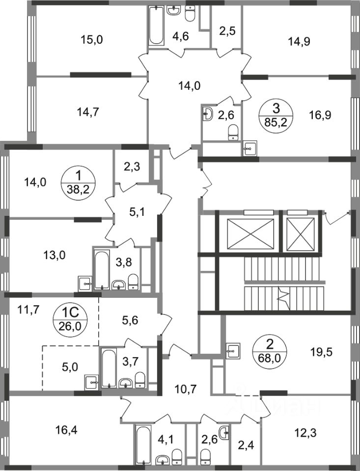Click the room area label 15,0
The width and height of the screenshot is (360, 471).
coord(92,39)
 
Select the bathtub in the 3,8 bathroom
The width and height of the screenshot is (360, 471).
coord(101,269)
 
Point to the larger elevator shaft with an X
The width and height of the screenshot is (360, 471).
coord(250,235)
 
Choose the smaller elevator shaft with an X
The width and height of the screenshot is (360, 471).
coord(301,235)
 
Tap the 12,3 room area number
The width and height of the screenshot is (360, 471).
coord(305,433)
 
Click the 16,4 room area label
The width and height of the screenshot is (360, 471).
coord(66,431)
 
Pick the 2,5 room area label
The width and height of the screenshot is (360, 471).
coord(227,31)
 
